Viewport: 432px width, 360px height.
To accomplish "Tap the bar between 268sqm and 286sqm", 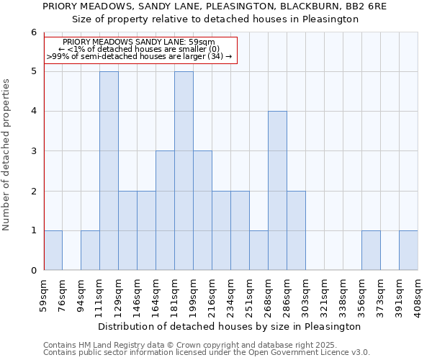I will [277, 191].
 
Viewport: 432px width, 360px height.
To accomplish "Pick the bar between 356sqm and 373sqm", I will [371, 251].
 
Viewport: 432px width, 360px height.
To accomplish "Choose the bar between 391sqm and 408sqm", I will [408, 251].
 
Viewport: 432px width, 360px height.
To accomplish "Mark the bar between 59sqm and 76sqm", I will [53, 251].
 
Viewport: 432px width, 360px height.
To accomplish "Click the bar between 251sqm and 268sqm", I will [258, 251].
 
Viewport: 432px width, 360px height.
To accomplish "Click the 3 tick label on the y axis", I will [33, 151].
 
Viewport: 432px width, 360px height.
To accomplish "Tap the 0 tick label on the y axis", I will [33, 271].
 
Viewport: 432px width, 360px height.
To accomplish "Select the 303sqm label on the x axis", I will [306, 294].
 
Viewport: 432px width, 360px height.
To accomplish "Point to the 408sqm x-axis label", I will [418, 294].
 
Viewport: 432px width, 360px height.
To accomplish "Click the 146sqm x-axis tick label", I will [138, 294].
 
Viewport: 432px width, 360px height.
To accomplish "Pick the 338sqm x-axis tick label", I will [343, 294].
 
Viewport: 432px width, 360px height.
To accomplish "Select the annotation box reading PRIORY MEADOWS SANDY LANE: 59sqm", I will [140, 49].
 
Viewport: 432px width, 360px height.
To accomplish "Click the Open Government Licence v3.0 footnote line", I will [207, 353].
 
